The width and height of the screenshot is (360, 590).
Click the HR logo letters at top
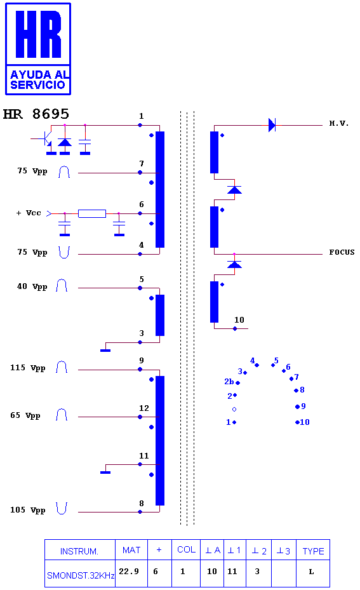[x=38, y=34]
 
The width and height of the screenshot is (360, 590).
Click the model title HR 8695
[x=36, y=114]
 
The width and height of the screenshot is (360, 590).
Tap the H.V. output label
[x=339, y=123]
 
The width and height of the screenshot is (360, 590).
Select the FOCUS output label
[x=342, y=252]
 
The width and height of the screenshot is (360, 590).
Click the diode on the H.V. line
[x=272, y=125]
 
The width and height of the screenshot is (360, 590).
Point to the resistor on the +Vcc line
[x=92, y=214]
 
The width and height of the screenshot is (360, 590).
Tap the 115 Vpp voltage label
[x=28, y=368]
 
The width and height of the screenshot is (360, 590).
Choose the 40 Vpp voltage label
[x=32, y=286]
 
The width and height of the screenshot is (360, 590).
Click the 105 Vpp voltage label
[x=28, y=510]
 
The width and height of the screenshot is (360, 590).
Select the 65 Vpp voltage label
[x=25, y=416]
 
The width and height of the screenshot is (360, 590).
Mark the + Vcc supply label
[x=29, y=213]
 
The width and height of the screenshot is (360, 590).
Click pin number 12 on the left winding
[x=143, y=408]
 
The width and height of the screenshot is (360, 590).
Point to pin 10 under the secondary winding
[x=239, y=320]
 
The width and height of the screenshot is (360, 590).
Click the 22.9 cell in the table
[x=129, y=571]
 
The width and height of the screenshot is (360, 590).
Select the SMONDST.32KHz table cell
[x=81, y=575]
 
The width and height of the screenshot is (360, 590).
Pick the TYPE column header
[x=313, y=551]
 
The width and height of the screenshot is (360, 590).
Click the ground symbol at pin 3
[x=105, y=351]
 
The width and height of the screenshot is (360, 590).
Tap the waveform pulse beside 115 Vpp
[x=62, y=367]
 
